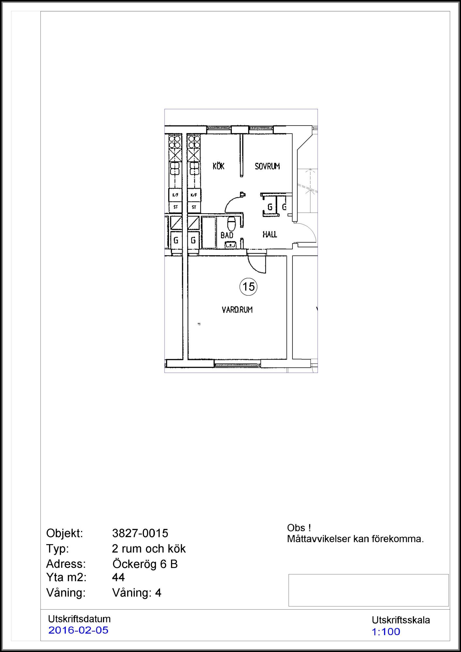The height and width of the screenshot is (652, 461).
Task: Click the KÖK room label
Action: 218,166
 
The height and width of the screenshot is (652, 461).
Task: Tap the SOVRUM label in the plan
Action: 267,166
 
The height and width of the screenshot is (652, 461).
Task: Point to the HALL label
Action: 270,234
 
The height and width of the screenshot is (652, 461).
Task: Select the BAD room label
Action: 227,235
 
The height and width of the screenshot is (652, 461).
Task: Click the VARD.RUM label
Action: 237,310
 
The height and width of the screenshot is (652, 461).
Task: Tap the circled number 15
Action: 248,287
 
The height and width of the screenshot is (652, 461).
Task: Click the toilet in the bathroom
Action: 231,223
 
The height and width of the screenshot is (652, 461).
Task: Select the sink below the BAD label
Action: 230,244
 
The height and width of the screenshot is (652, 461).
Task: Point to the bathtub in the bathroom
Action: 209,233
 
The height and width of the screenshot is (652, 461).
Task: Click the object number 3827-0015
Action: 140,533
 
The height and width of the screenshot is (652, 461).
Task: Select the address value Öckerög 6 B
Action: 145,564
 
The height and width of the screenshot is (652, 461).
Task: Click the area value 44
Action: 118,577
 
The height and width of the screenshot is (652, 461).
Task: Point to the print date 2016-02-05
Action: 78,630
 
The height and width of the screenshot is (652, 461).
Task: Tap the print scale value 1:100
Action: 386,631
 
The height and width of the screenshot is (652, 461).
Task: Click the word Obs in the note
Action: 296,528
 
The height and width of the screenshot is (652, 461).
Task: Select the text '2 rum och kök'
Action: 149,549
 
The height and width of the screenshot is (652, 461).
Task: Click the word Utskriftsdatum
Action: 79,619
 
